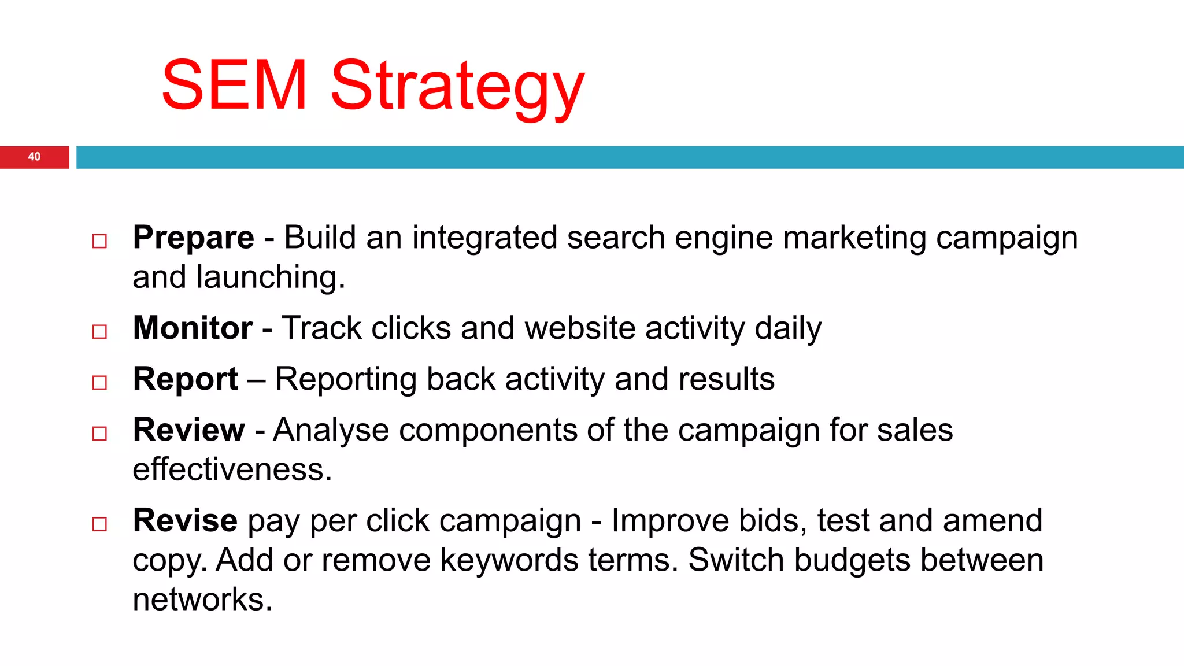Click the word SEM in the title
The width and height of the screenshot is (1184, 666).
point(234,85)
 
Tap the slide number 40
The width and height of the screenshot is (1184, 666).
point(34,157)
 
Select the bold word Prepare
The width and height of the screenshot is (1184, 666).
point(193,238)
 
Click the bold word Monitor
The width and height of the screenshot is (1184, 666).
point(193,328)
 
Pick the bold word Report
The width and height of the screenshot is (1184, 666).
point(186,379)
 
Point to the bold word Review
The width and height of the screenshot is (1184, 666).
point(189,430)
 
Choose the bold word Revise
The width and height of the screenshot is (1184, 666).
point(185,520)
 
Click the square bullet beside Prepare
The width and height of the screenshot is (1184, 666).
point(99,241)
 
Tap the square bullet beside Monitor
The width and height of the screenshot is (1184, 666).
point(99,332)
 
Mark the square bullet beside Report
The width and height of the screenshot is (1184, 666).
point(99,383)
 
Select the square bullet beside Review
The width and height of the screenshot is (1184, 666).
point(99,434)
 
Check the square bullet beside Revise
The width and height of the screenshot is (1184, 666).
point(99,524)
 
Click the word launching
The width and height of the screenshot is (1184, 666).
point(270,277)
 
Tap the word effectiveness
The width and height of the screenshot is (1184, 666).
point(232,469)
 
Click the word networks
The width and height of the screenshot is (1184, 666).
point(202,600)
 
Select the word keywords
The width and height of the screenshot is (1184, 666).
point(509,560)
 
